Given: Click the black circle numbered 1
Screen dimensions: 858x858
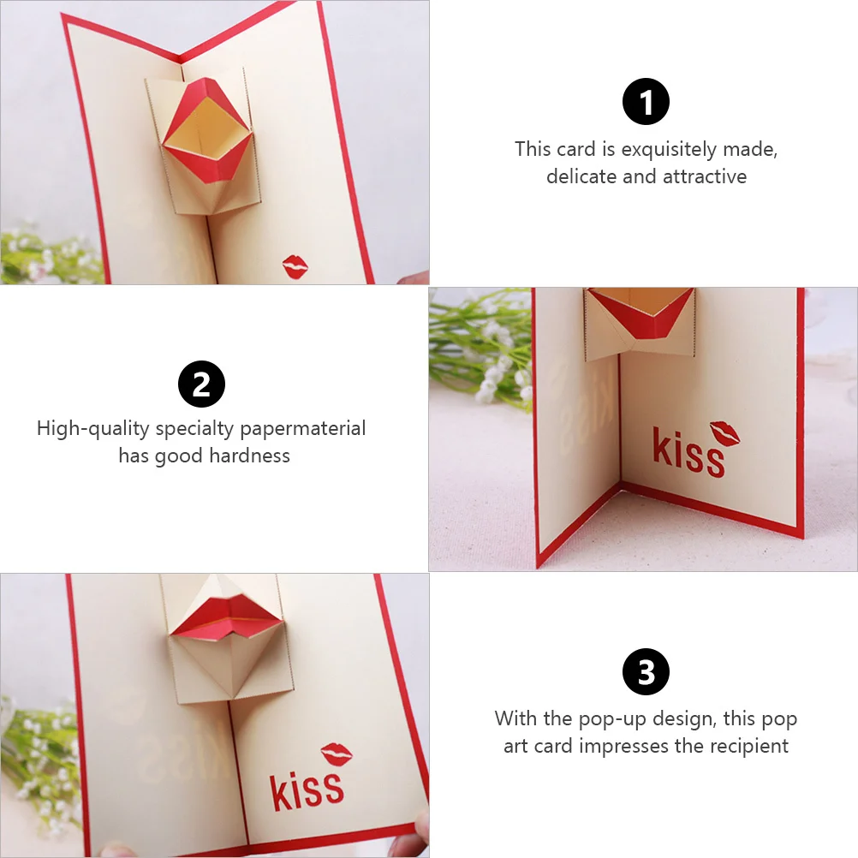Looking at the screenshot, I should tap(646, 103).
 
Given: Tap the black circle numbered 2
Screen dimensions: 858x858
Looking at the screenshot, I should tap(201, 384).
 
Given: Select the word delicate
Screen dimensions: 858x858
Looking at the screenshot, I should tap(581, 177).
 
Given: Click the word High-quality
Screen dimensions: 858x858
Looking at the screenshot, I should tap(92, 428).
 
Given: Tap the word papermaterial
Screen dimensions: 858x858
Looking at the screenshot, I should tap(302, 428).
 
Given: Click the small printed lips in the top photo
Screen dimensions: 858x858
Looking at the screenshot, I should tap(296, 266).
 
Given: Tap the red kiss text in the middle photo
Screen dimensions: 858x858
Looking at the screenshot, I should tap(688, 452).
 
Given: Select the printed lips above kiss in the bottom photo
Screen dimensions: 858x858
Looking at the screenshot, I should tap(337, 754).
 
